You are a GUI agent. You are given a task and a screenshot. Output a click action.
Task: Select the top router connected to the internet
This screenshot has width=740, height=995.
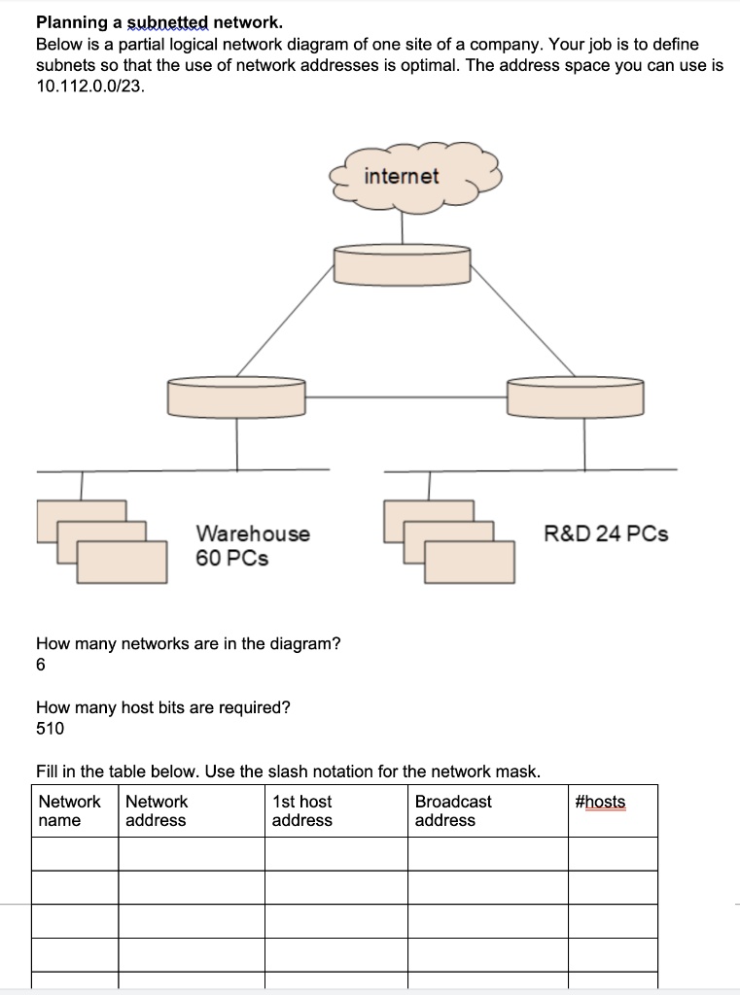[x=402, y=264]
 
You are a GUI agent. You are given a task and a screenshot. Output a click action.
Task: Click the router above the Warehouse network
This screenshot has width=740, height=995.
[x=236, y=396]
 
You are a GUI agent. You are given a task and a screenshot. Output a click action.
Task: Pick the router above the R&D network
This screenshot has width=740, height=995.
[x=575, y=396]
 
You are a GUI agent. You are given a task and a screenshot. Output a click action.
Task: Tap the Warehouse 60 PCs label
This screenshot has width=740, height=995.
[x=253, y=546]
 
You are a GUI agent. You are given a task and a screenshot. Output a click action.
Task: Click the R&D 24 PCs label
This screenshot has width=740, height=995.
[x=606, y=533]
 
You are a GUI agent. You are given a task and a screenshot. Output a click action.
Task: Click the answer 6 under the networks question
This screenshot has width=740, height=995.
[x=41, y=666]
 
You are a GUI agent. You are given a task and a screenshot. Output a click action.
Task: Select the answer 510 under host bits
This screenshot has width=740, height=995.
[x=50, y=729]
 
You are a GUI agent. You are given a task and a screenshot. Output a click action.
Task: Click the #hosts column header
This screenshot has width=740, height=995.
[x=600, y=803]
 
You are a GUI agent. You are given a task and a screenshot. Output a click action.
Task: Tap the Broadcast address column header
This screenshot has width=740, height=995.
[x=453, y=811]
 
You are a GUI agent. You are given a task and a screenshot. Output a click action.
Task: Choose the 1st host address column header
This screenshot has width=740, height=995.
[x=301, y=811]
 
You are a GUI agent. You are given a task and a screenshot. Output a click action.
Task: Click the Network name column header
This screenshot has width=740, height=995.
[x=69, y=811]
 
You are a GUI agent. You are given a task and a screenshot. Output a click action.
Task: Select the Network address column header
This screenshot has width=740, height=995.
[x=157, y=811]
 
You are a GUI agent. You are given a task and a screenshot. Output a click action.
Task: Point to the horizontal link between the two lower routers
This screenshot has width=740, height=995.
[x=405, y=397]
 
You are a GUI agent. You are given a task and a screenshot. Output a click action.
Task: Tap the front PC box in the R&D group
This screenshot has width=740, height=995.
[x=469, y=563]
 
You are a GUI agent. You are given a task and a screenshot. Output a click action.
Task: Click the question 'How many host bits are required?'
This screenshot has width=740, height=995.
[x=162, y=707]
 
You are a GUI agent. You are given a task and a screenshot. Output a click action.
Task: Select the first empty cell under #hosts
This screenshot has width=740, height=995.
[x=613, y=854]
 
